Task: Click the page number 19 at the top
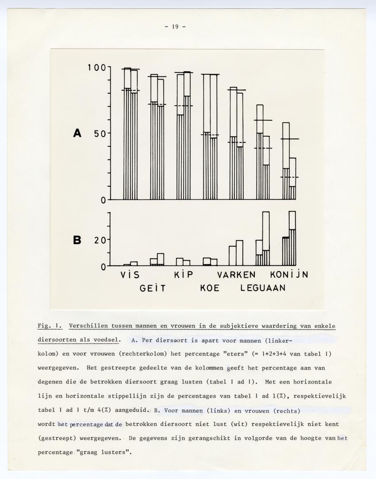(x=175, y=27)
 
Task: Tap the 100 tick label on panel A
(x=96, y=68)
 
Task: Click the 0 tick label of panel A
(x=103, y=199)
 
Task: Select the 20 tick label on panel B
(x=99, y=240)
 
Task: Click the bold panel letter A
(x=77, y=133)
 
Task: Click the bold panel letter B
(x=77, y=240)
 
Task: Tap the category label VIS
(x=130, y=275)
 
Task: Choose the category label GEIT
(x=153, y=288)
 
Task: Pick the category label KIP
(x=184, y=275)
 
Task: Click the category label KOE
(x=210, y=288)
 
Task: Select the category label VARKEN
(x=236, y=275)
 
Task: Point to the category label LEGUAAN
(x=263, y=288)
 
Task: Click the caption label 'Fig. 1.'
(x=50, y=326)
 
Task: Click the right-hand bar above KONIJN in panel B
(x=292, y=239)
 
